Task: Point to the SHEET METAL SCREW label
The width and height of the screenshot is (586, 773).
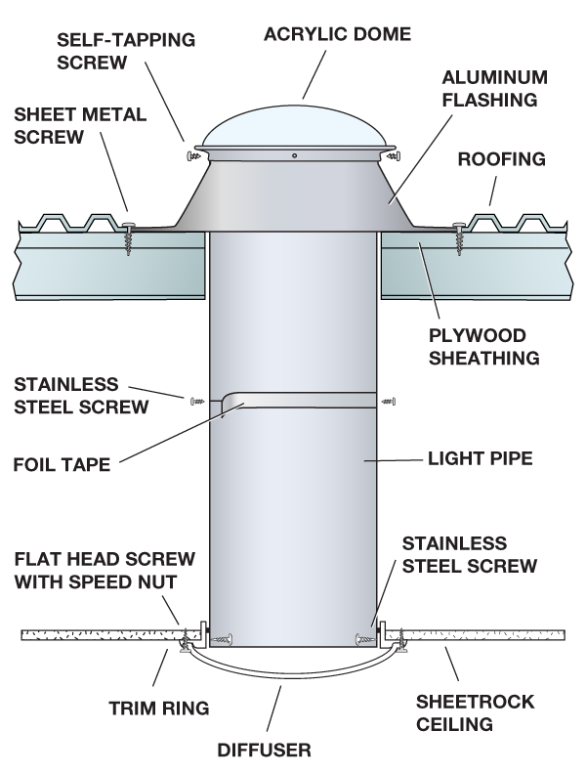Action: click(80, 126)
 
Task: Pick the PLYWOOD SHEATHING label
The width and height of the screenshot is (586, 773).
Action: click(485, 347)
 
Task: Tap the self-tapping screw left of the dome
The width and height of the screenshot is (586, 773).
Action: click(194, 154)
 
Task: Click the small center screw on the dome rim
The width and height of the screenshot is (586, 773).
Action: click(294, 154)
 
